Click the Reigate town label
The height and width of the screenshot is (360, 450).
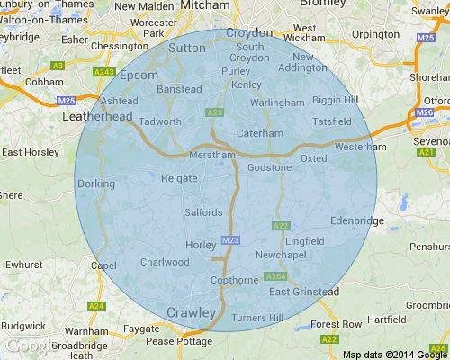177,179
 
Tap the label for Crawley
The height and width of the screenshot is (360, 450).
192,311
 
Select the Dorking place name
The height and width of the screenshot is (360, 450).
96,184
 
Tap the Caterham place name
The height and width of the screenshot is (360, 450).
253,134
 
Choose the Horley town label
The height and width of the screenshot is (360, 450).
196,244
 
